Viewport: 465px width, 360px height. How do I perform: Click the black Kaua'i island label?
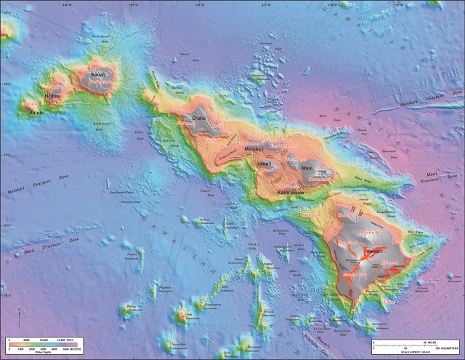97,74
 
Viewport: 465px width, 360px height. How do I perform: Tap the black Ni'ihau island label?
51,95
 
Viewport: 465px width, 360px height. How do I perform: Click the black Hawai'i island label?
373,251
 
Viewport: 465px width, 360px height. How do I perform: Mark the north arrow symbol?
20,316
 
